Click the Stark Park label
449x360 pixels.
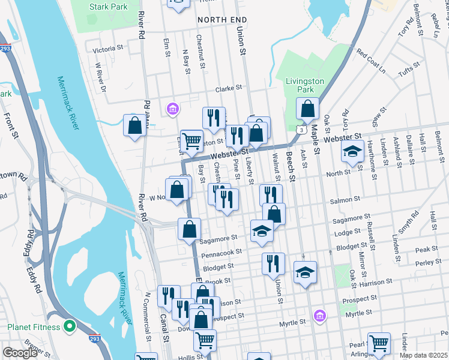pyautogui.click(x=108, y=7)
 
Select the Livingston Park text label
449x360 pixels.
pyautogui.click(x=305, y=85)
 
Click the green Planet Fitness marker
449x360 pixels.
pyautogui.click(x=70, y=327)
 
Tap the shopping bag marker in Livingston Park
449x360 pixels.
pyautogui.click(x=307, y=109)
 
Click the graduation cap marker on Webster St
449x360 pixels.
pyautogui.click(x=352, y=152)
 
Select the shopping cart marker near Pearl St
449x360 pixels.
pyautogui.click(x=379, y=344)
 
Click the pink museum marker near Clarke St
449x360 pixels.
pyautogui.click(x=173, y=109)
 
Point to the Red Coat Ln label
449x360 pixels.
pyautogui.click(x=371, y=61)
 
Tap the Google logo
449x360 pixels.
pyautogui.click(x=20, y=352)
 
